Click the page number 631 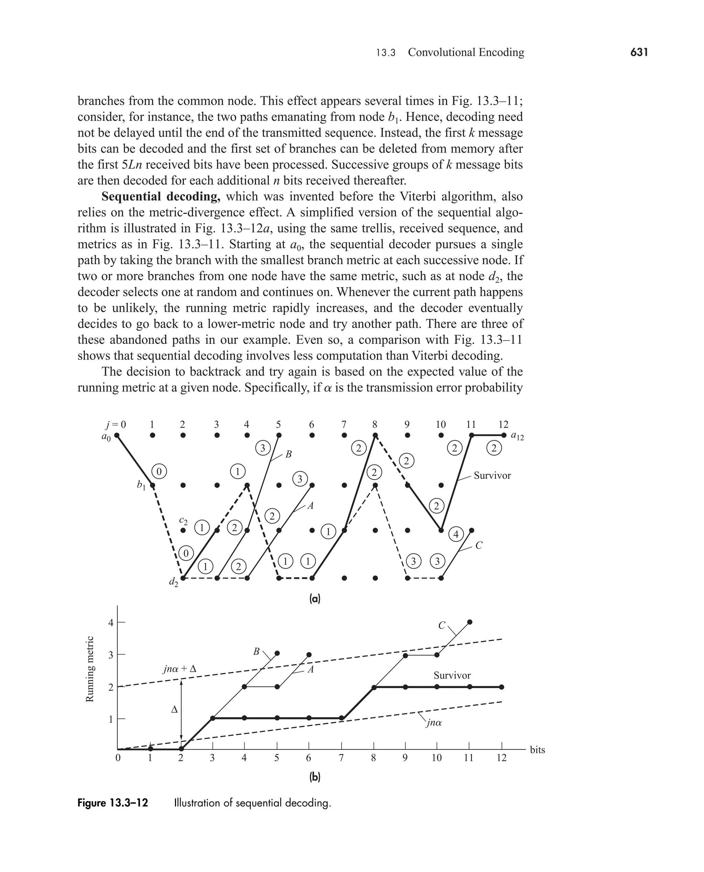pyautogui.click(x=639, y=52)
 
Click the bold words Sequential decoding pyautogui.click(x=161, y=196)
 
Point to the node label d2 pyautogui.click(x=173, y=582)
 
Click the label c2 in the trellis pyautogui.click(x=183, y=520)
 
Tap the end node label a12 pyautogui.click(x=517, y=436)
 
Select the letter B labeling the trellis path pyautogui.click(x=288, y=454)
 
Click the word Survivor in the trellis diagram pyautogui.click(x=492, y=476)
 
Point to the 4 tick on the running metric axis pyautogui.click(x=111, y=623)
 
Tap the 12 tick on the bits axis pyautogui.click(x=502, y=758)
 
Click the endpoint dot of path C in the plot pyautogui.click(x=470, y=622)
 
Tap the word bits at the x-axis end pyautogui.click(x=537, y=750)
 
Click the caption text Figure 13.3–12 pyautogui.click(x=113, y=803)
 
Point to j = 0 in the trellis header pyautogui.click(x=116, y=424)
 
